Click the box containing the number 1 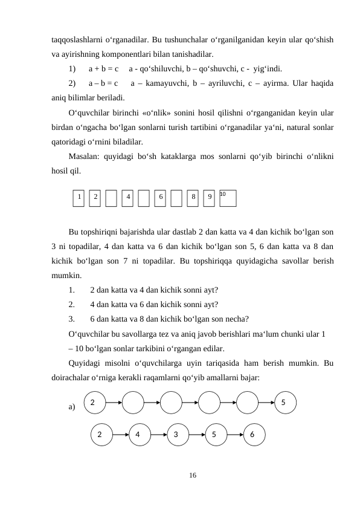[79, 198]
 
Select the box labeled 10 [228, 198]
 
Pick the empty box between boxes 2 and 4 [111, 198]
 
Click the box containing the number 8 [193, 198]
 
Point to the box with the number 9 [209, 198]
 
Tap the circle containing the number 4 [139, 434]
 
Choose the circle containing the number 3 [177, 434]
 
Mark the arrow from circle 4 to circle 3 [158, 434]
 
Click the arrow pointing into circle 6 [235, 434]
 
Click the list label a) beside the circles [72, 407]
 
